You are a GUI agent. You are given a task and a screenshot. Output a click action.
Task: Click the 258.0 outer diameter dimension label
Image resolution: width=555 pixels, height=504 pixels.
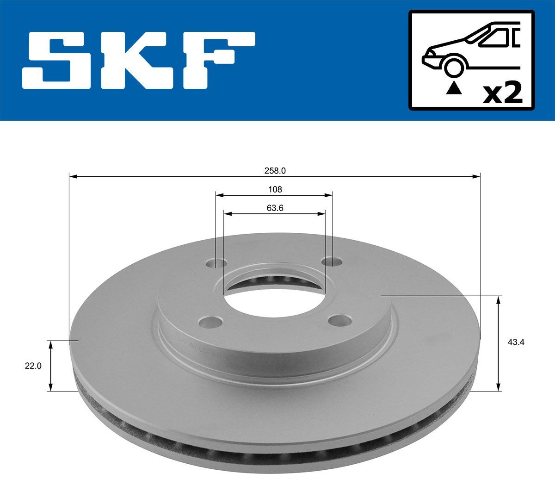275,170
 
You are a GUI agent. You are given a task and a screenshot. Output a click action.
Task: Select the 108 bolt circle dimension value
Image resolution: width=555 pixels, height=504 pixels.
275,189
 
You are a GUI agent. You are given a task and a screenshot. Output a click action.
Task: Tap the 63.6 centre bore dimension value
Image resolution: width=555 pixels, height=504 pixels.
275,208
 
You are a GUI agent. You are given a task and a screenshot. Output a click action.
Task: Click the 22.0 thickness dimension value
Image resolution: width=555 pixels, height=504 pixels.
33,366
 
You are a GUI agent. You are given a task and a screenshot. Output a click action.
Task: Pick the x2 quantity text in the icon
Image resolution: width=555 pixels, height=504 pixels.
502,94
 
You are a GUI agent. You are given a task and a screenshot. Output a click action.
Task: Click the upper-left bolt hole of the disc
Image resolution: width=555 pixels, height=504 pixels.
216,264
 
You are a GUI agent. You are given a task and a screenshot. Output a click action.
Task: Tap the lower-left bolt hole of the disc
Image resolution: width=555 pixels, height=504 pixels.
211,321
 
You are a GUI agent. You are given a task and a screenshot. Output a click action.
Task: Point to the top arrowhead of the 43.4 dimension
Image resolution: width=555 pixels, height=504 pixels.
498,300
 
